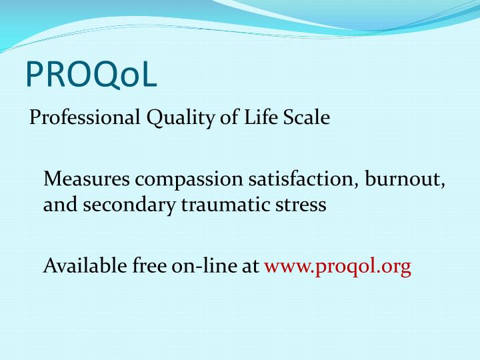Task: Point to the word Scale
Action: tap(307, 118)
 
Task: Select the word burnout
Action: tap(409, 179)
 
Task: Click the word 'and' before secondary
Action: tap(61, 205)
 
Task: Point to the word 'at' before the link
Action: tap(251, 267)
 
